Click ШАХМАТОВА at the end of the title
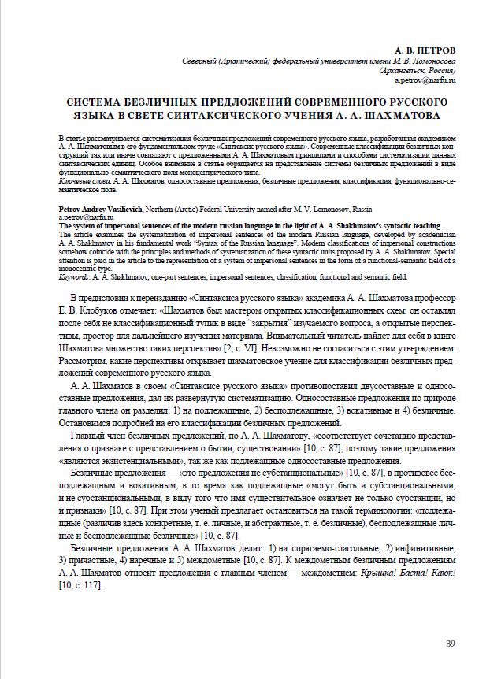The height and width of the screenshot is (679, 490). [398, 115]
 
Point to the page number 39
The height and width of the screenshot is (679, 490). [451, 644]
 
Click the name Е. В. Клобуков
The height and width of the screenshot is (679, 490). [87, 310]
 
